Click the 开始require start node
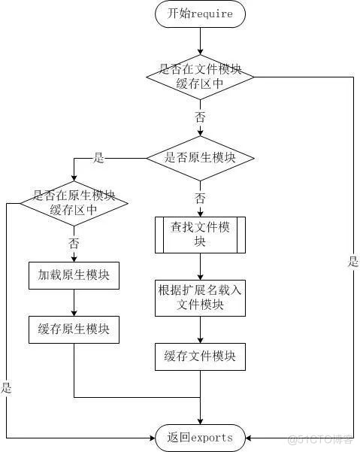click(x=200, y=14)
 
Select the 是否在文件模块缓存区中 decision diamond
click(x=200, y=76)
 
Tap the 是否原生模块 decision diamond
click(x=200, y=158)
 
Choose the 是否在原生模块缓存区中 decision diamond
click(x=74, y=202)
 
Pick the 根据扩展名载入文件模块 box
click(x=200, y=298)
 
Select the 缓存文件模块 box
click(x=200, y=356)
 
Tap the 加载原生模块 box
click(x=74, y=275)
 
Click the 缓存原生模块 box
click(x=74, y=329)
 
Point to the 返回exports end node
click(x=200, y=437)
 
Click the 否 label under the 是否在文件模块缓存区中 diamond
click(x=200, y=117)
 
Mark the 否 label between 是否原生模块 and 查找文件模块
click(x=200, y=199)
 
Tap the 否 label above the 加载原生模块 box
click(x=74, y=243)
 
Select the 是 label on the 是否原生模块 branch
click(x=98, y=158)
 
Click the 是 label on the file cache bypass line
click(x=352, y=262)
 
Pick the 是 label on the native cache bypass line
click(x=7, y=388)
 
